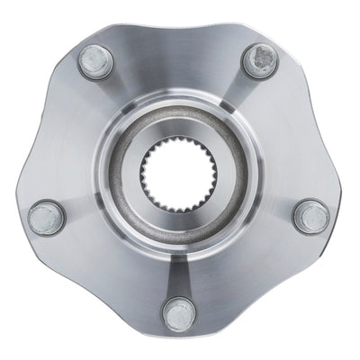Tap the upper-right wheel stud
261,60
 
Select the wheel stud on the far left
46,217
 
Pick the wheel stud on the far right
311,215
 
